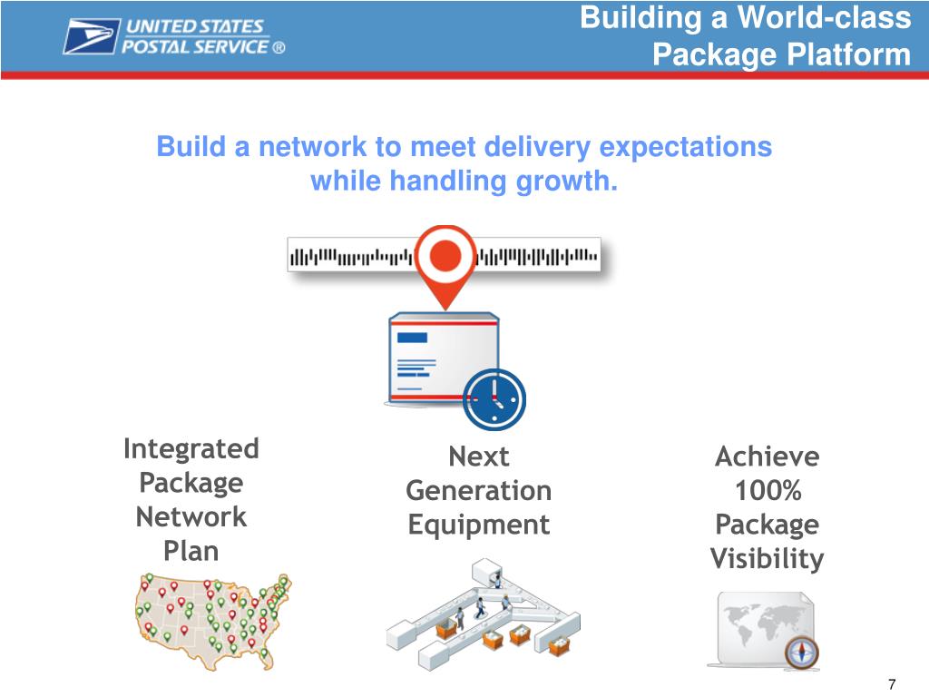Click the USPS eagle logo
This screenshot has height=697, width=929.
[91, 36]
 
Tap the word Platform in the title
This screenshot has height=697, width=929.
[847, 55]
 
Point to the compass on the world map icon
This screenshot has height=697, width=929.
[803, 651]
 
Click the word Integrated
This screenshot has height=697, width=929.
[191, 449]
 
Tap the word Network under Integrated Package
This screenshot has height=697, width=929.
[191, 517]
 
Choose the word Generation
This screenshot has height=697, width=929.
[478, 491]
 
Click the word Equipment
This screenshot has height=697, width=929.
[478, 525]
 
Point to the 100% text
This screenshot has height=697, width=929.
[768, 491]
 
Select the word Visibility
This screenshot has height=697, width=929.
[768, 559]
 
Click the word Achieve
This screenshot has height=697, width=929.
[768, 456]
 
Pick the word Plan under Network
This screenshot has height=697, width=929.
[191, 551]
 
